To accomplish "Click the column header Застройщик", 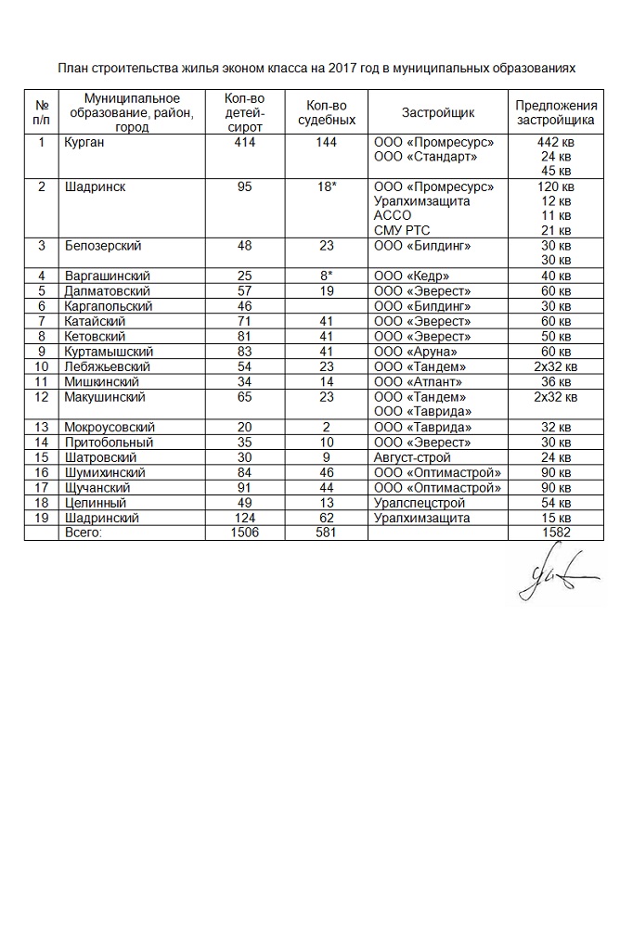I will [x=437, y=112].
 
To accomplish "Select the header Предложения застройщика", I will [x=556, y=112].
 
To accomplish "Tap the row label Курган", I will [x=85, y=142].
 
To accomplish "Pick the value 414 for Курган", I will [x=245, y=142].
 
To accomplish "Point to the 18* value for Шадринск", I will [x=326, y=186].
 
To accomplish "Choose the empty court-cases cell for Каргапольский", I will [x=326, y=305].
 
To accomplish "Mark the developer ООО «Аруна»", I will [x=416, y=351].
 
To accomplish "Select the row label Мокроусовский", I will [x=110, y=427].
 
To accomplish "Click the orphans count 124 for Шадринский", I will [x=245, y=518].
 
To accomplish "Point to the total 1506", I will [x=245, y=533].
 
